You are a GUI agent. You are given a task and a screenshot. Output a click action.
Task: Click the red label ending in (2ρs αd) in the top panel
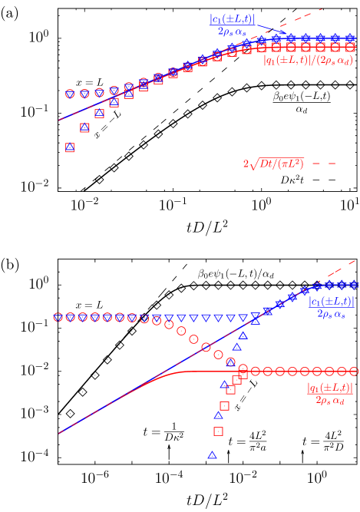pos(308,59)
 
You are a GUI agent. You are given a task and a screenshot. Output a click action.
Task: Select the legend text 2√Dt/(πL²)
pos(273,164)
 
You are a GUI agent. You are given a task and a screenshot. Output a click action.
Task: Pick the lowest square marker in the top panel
pos(70,147)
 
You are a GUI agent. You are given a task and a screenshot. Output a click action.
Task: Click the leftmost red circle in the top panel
pos(70,94)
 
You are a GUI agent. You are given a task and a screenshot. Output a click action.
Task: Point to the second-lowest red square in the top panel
pos(84,127)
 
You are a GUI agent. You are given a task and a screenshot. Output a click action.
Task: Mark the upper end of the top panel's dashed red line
pos(321,10)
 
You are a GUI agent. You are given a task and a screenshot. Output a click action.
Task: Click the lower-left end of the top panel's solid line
pos(59,121)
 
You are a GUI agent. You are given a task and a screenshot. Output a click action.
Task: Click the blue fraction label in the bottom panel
pos(332,307)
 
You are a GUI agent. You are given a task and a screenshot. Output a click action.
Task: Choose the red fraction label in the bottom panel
pos(330,394)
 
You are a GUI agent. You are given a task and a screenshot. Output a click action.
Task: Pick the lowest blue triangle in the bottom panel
pos(212,455)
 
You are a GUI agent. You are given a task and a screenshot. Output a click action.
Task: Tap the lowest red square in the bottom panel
pos(218,431)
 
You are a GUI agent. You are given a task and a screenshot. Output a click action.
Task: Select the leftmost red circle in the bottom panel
pos(58,317)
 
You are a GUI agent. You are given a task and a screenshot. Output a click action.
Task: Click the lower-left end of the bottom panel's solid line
pos(59,434)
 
